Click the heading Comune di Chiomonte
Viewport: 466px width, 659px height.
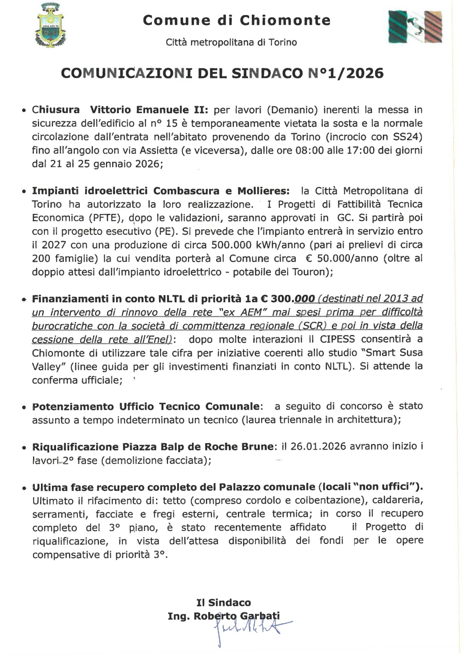[236, 20]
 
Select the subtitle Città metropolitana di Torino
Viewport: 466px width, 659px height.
[231, 42]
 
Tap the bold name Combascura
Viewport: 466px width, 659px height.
[186, 191]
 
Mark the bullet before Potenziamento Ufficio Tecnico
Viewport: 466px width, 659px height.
[24, 408]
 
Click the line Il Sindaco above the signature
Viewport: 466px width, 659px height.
[224, 603]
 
